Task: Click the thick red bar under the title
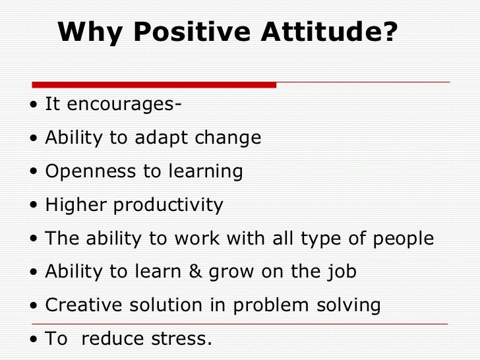154,84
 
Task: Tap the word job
342,272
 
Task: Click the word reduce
112,339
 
